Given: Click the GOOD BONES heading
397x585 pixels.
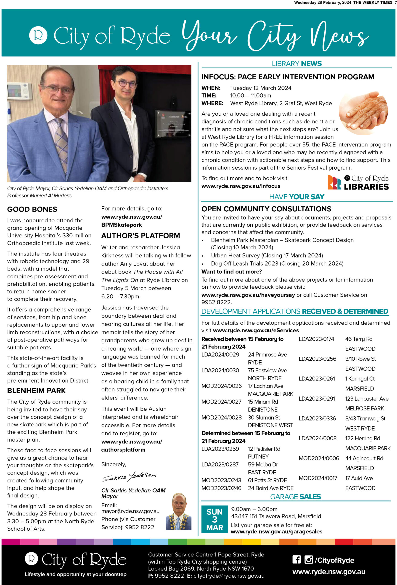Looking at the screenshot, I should click(x=32, y=209).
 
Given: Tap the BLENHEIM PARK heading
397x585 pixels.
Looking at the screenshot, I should click(x=36, y=391).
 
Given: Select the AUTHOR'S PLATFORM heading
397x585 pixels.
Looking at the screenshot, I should click(x=140, y=236).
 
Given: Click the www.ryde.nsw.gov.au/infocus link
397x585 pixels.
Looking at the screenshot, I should click(x=241, y=186).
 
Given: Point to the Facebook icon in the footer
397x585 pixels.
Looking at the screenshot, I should click(x=296, y=560).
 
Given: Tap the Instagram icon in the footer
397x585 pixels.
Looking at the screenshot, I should click(x=308, y=560).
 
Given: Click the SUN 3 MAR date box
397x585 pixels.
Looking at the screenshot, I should click(x=214, y=519).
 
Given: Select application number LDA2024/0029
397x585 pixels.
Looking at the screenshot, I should click(x=220, y=354).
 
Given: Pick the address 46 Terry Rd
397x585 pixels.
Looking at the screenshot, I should click(x=358, y=339).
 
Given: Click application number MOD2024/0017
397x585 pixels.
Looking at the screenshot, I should click(x=318, y=478).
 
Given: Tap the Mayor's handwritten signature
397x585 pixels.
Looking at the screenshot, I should click(x=130, y=476).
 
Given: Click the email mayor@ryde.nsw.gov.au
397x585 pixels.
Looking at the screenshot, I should click(x=130, y=511).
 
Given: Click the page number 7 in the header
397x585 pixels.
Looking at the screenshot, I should click(x=395, y=3).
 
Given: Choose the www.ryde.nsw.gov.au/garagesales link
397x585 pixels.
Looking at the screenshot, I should click(x=276, y=531).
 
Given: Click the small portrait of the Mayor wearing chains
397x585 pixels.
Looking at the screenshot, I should click(x=178, y=512).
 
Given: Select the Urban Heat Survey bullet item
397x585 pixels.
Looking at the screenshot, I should click(x=267, y=255).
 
